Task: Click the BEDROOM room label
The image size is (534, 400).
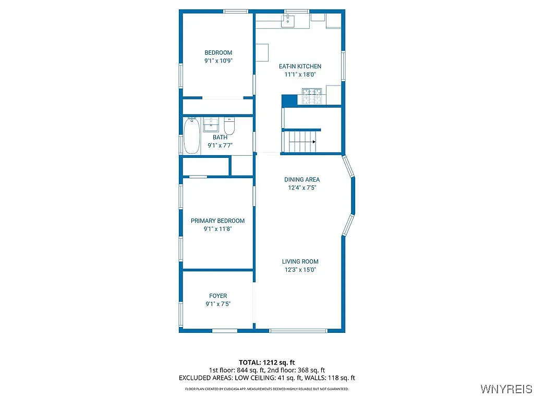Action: pos(218,53)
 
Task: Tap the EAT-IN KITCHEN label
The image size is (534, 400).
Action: pos(300,66)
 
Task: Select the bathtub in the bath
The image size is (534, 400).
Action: pos(191,136)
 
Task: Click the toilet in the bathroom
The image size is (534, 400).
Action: pos(229,126)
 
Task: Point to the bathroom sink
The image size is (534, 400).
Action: pos(211,125)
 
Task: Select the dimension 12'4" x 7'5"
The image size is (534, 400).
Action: pos(301,187)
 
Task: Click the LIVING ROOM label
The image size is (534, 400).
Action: pos(300,261)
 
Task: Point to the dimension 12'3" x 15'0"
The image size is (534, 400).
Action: pos(300,270)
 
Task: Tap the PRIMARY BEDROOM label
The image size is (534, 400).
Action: pos(217,221)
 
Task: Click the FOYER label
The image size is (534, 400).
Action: pos(218,296)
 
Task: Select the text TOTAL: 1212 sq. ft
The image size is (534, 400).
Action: pos(267,362)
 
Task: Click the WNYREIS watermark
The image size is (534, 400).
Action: pos(506,389)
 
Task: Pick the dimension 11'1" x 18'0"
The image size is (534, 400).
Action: pos(300,74)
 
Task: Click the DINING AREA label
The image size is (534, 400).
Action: pos(301,180)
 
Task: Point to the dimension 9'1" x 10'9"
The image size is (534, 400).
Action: pos(218,60)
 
